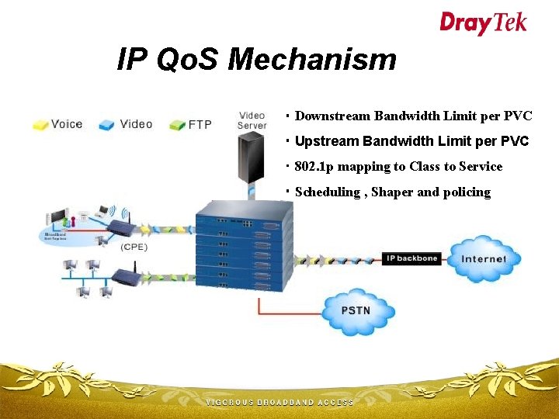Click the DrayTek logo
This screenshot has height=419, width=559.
pyautogui.click(x=483, y=23)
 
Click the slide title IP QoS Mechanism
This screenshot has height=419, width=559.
pyautogui.click(x=256, y=59)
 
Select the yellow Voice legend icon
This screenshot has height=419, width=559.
pyautogui.click(x=40, y=124)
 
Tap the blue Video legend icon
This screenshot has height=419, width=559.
pyautogui.click(x=107, y=124)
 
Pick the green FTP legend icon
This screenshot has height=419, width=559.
pyautogui.click(x=176, y=124)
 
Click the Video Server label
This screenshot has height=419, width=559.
pyautogui.click(x=252, y=120)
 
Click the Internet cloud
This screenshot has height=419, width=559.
pyautogui.click(x=484, y=258)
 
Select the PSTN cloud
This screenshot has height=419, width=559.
pyautogui.click(x=356, y=311)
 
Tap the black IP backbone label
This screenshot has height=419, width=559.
pyautogui.click(x=411, y=258)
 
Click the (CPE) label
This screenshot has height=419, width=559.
pyautogui.click(x=134, y=248)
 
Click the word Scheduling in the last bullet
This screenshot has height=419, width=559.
pyautogui.click(x=326, y=192)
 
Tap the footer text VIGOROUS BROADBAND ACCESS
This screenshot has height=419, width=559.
pyautogui.click(x=279, y=403)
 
